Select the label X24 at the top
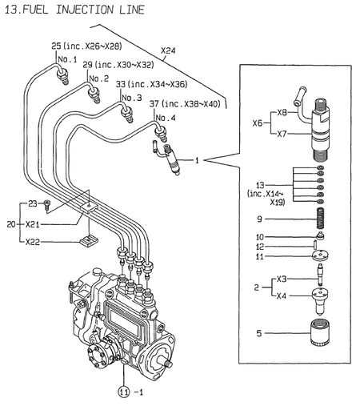point(168,50)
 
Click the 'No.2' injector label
point(98,78)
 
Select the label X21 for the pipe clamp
point(33,225)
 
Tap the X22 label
point(33,241)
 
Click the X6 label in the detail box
point(256,123)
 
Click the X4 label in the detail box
point(281,295)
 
